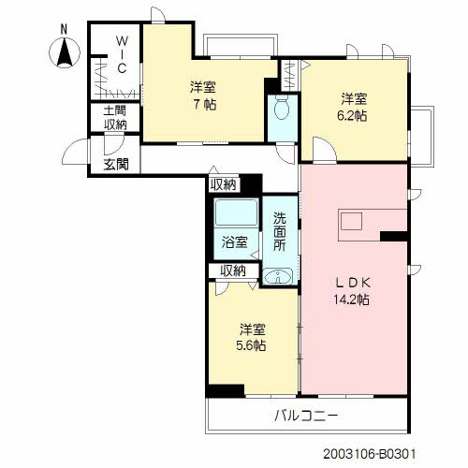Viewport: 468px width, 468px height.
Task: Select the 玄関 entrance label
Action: coord(116,166)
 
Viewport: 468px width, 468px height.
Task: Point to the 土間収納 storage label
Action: coord(116,117)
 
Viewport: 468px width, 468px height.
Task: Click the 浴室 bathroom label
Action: coord(234,241)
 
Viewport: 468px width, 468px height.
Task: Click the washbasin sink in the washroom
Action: coord(278,276)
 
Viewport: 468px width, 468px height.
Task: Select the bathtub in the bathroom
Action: coord(235,214)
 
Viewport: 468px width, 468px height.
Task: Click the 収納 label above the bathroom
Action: coord(223,183)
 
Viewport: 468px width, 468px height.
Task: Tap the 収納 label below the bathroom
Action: coord(232,271)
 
